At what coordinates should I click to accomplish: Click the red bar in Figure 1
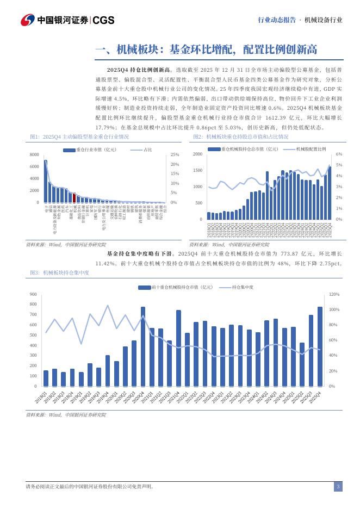(74, 198)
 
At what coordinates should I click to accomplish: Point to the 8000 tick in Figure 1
(34, 154)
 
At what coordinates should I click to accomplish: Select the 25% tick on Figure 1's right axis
(175, 154)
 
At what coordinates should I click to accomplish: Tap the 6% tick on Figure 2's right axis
(339, 154)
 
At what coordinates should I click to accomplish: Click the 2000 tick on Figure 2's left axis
(197, 154)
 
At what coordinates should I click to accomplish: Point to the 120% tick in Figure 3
(334, 294)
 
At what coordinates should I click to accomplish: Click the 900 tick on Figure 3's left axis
(33, 294)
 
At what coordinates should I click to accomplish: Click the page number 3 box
(338, 487)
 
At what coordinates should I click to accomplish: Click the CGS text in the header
(103, 20)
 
